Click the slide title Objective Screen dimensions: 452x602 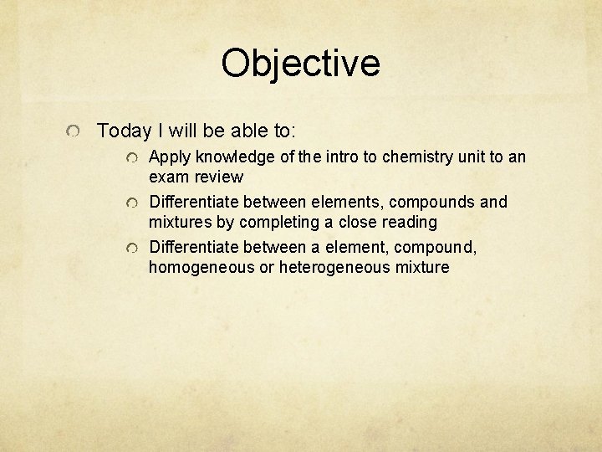click(300, 63)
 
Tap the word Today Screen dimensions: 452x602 click(123, 131)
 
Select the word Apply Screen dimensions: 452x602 click(170, 157)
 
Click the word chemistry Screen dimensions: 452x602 click(413, 157)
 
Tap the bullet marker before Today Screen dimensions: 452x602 click(75, 132)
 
